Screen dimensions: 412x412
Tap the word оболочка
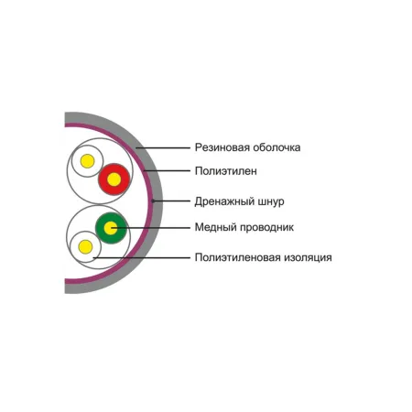[x=277, y=147]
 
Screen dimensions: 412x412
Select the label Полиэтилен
[x=226, y=171]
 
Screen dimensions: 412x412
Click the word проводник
[x=267, y=228]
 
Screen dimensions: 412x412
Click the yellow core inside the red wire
[x=114, y=179]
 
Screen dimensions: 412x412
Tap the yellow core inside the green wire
[x=111, y=228]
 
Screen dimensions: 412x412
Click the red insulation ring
[x=114, y=168]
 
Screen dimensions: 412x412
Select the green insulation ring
[x=111, y=217]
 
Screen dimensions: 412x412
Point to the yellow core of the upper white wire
[x=87, y=161]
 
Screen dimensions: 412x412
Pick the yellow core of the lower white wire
[x=85, y=246]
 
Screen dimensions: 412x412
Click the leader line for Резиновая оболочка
[x=163, y=148]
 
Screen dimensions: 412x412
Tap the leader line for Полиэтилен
[x=167, y=170]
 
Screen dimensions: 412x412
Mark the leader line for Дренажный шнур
[x=171, y=201]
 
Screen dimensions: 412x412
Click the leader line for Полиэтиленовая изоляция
[x=142, y=258]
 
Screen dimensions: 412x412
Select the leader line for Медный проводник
[x=150, y=228]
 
